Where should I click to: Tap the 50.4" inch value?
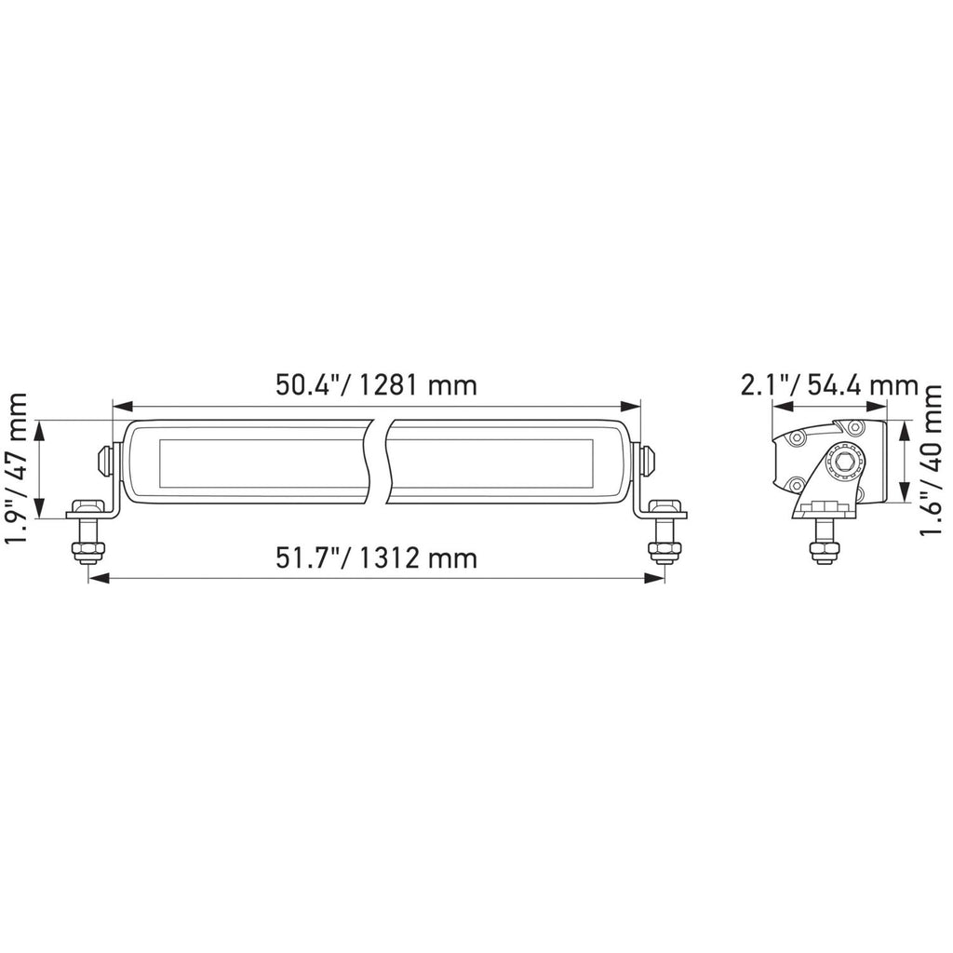(308, 385)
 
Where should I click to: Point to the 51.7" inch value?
(308, 558)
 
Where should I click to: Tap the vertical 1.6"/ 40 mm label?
(932, 463)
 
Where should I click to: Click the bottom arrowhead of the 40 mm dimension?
(904, 498)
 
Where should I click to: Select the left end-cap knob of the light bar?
(104, 460)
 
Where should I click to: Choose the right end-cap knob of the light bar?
(648, 460)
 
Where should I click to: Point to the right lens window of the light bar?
(494, 463)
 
